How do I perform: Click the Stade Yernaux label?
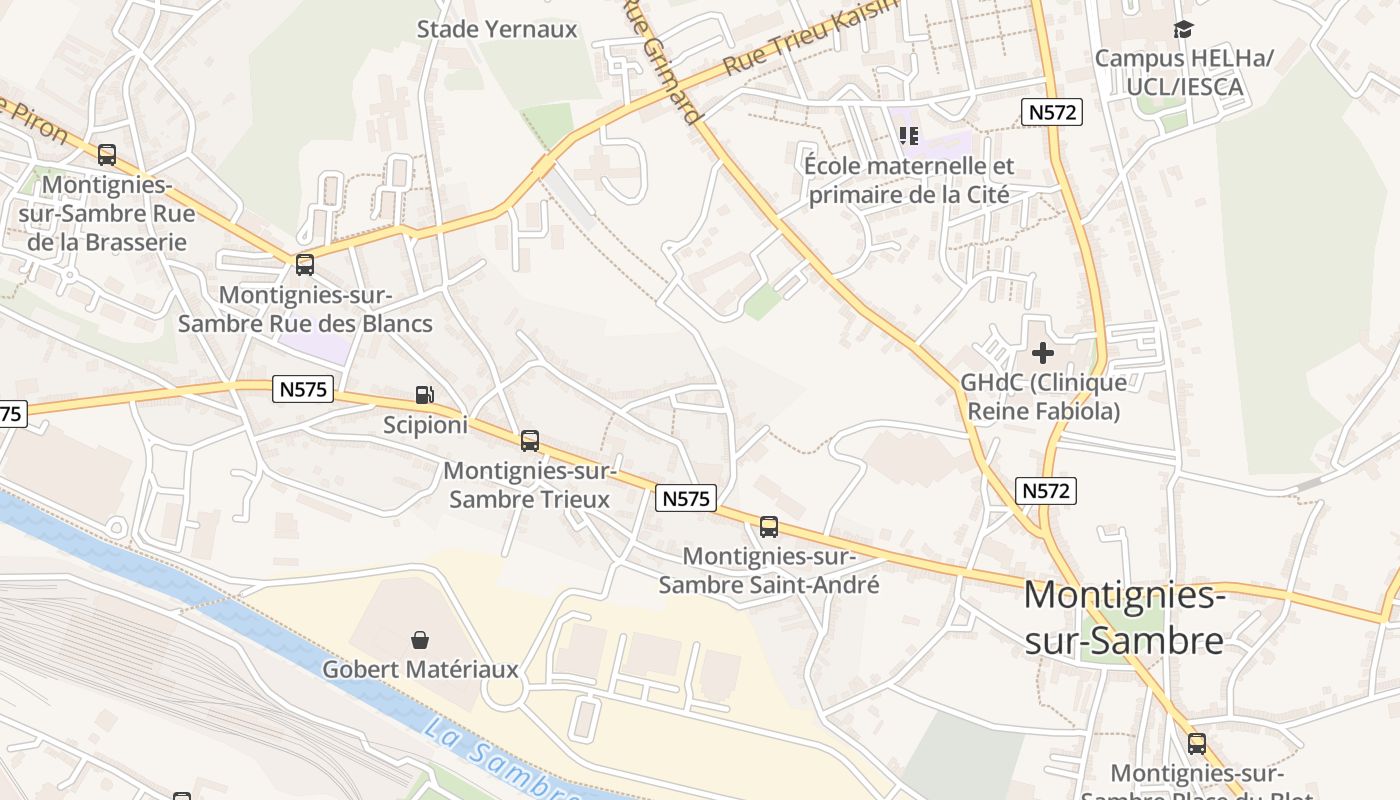coord(497,29)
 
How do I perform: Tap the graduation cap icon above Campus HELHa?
coord(1184,30)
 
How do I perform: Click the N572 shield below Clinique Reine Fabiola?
coord(1046,491)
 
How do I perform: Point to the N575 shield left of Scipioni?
coord(302,389)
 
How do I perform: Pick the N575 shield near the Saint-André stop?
coord(686,498)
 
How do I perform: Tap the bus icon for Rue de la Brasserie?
coord(107,155)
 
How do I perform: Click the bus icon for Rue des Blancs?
coord(305,265)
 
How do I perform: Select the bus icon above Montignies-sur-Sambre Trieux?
coord(530,440)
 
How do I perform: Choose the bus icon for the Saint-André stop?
coord(769,527)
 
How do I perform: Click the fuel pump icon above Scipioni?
coord(425,396)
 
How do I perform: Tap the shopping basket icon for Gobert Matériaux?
coord(420,639)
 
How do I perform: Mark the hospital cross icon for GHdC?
coord(1043,353)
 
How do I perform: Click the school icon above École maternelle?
coord(908,135)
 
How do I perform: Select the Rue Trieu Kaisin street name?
coord(810,40)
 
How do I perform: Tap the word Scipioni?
coord(425,425)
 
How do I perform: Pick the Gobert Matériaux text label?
coord(420,669)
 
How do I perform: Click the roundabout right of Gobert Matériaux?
coord(511,690)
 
